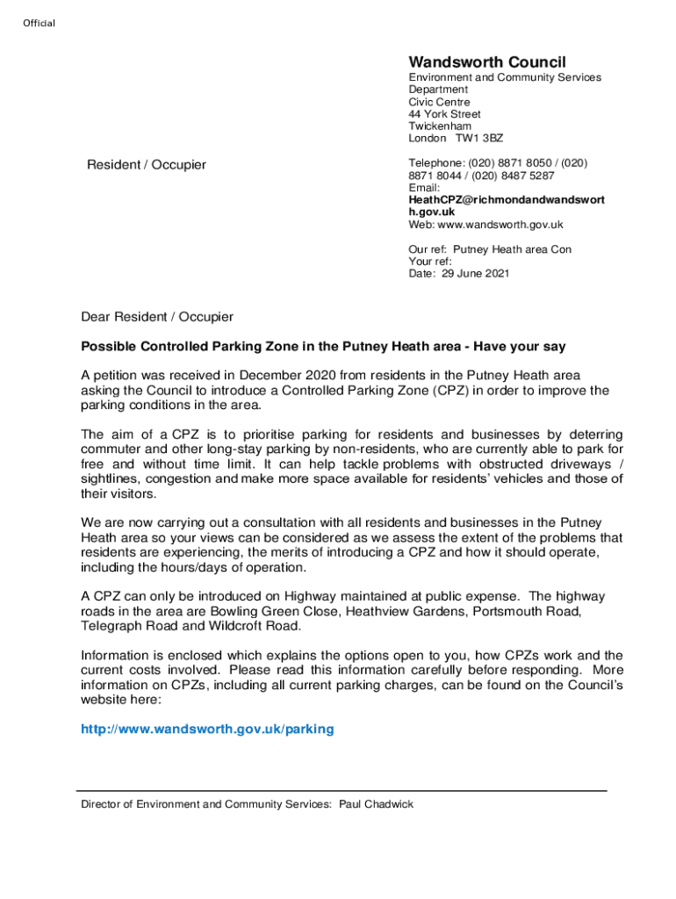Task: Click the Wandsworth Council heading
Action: (x=487, y=62)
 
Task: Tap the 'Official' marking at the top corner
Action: (x=39, y=23)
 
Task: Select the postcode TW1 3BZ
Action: (x=479, y=139)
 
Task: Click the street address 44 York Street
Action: (x=444, y=114)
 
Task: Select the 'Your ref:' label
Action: (x=430, y=262)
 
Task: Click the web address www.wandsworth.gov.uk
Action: (x=494, y=225)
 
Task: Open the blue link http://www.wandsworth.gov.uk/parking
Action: (x=207, y=730)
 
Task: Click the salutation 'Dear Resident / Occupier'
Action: (x=157, y=317)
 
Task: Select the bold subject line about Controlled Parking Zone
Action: (x=324, y=347)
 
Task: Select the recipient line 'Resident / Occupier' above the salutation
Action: (x=147, y=165)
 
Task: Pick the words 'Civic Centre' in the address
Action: (x=439, y=102)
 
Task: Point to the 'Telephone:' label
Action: (x=435, y=163)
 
